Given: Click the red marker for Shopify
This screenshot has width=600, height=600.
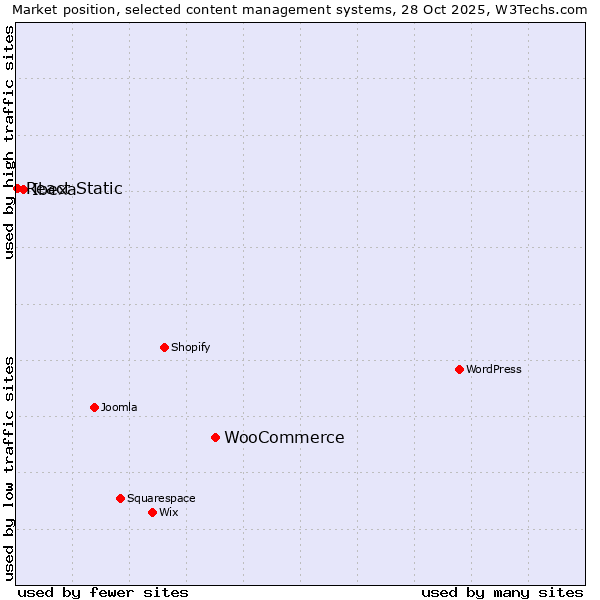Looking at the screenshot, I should click(164, 347).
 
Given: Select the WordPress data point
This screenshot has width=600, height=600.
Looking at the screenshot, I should click(459, 369).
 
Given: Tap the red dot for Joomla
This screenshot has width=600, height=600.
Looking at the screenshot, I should click(94, 407).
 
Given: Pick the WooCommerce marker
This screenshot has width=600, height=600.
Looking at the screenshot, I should click(215, 437).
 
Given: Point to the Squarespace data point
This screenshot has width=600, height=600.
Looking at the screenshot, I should click(120, 498).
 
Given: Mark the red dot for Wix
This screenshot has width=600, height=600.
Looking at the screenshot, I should click(152, 512).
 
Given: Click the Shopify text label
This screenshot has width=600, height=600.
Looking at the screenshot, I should click(190, 347).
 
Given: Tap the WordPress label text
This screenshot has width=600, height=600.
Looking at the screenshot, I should click(493, 369).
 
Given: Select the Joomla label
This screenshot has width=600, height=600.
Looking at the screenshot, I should click(119, 407).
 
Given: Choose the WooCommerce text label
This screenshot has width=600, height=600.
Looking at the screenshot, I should click(284, 437).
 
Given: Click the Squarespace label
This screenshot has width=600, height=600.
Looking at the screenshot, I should click(161, 498).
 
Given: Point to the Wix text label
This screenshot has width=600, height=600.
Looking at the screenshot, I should click(168, 512).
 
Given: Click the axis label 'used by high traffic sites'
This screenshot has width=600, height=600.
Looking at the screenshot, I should click(9, 142).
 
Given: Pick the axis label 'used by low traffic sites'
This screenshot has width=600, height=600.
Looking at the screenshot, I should click(9, 467).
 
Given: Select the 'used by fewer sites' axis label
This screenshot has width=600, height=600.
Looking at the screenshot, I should click(103, 592).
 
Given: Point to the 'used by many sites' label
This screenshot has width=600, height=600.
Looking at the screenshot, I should click(502, 592).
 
